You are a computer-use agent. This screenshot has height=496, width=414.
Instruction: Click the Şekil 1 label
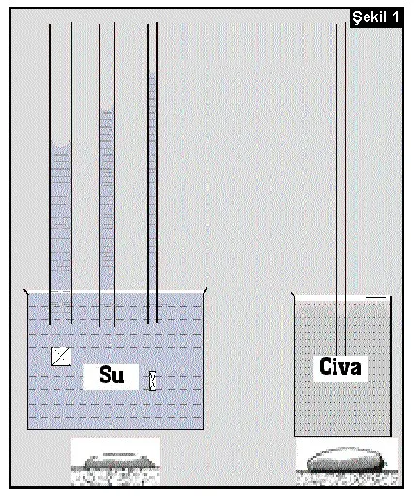[x=375, y=17]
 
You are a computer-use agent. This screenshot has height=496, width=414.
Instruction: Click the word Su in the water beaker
[x=111, y=375]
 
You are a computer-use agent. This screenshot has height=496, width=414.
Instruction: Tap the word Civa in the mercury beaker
[x=339, y=367]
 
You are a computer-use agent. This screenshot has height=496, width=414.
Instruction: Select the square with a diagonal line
[x=61, y=356]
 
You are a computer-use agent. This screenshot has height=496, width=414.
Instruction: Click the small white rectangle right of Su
[x=152, y=380]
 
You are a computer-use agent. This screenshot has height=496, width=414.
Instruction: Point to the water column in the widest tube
[x=61, y=216]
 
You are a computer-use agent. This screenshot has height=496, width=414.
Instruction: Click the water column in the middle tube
[x=107, y=201]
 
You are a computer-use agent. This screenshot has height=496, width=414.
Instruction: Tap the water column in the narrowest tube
[x=152, y=182]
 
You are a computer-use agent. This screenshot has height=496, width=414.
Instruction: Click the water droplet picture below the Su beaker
[x=115, y=462]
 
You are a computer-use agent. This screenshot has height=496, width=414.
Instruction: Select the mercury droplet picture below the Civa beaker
[x=346, y=462]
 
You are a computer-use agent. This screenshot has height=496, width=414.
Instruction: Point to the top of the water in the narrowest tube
[x=153, y=73]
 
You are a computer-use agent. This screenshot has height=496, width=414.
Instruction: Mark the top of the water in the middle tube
[x=107, y=110]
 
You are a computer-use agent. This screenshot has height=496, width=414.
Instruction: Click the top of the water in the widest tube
[x=61, y=143]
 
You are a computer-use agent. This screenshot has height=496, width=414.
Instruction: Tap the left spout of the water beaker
[x=26, y=291]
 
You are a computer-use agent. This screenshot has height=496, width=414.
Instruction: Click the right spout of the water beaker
[x=205, y=291]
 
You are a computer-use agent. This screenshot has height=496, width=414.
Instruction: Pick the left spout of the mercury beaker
[x=293, y=295]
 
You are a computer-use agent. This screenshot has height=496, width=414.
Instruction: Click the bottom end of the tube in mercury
[x=341, y=354]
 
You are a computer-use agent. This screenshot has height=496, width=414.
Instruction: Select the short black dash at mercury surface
[x=376, y=297]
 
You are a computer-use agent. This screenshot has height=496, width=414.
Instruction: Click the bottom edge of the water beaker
[x=115, y=429]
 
